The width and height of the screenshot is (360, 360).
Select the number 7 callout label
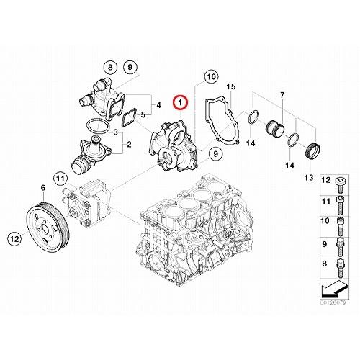click(282, 95)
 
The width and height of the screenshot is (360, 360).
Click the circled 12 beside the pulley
click(14, 238)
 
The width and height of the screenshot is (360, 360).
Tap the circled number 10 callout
click(211, 75)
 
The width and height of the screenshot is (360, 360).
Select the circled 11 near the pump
click(60, 179)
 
